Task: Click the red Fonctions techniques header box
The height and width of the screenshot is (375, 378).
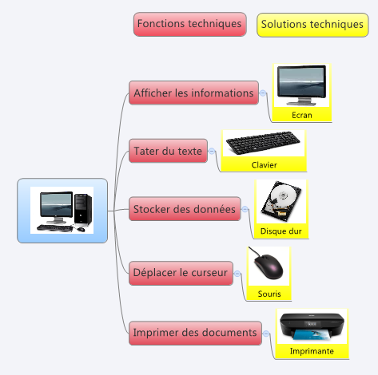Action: (189, 24)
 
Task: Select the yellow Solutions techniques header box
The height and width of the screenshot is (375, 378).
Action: (312, 25)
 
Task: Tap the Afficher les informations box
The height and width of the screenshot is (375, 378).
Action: (193, 93)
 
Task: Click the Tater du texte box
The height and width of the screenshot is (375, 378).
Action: (168, 151)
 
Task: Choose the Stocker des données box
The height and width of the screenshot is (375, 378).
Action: (185, 209)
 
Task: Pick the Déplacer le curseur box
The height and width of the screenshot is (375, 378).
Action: (181, 273)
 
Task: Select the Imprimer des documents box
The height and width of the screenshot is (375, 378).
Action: (195, 333)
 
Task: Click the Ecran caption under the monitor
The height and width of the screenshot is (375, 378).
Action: (302, 115)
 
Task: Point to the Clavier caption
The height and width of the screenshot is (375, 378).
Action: (265, 165)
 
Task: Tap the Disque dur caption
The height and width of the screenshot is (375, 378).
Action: (281, 231)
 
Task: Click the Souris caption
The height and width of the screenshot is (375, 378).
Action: (269, 294)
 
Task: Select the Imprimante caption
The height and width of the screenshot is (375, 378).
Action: (312, 351)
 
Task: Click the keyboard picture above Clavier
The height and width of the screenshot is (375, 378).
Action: (263, 143)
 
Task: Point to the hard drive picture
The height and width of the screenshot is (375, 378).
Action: (281, 201)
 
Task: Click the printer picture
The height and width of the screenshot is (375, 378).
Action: (312, 327)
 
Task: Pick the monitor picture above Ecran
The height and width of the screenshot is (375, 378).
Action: (301, 85)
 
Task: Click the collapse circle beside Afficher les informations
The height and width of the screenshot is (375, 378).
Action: (263, 93)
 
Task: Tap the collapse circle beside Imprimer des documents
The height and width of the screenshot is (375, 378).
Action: (266, 334)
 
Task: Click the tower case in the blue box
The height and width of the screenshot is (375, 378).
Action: (83, 209)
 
